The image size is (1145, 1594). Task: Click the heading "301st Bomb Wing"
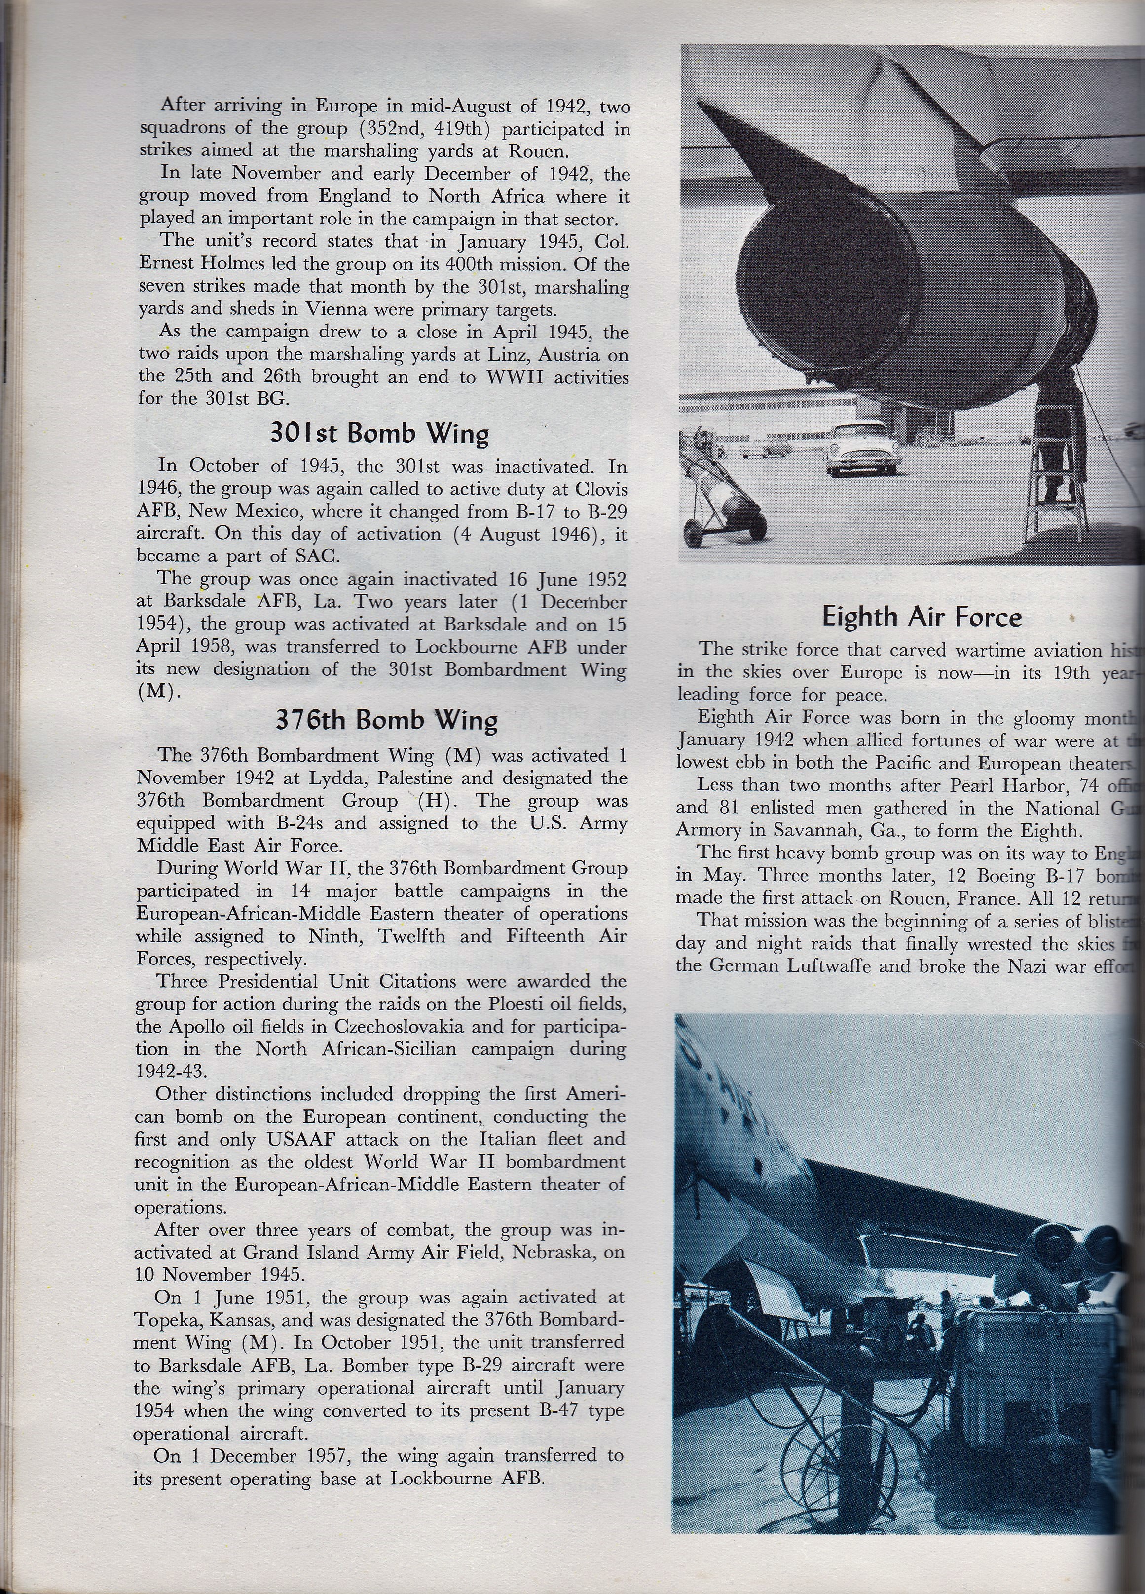tap(379, 433)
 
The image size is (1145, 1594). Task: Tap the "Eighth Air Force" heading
tap(922, 617)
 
